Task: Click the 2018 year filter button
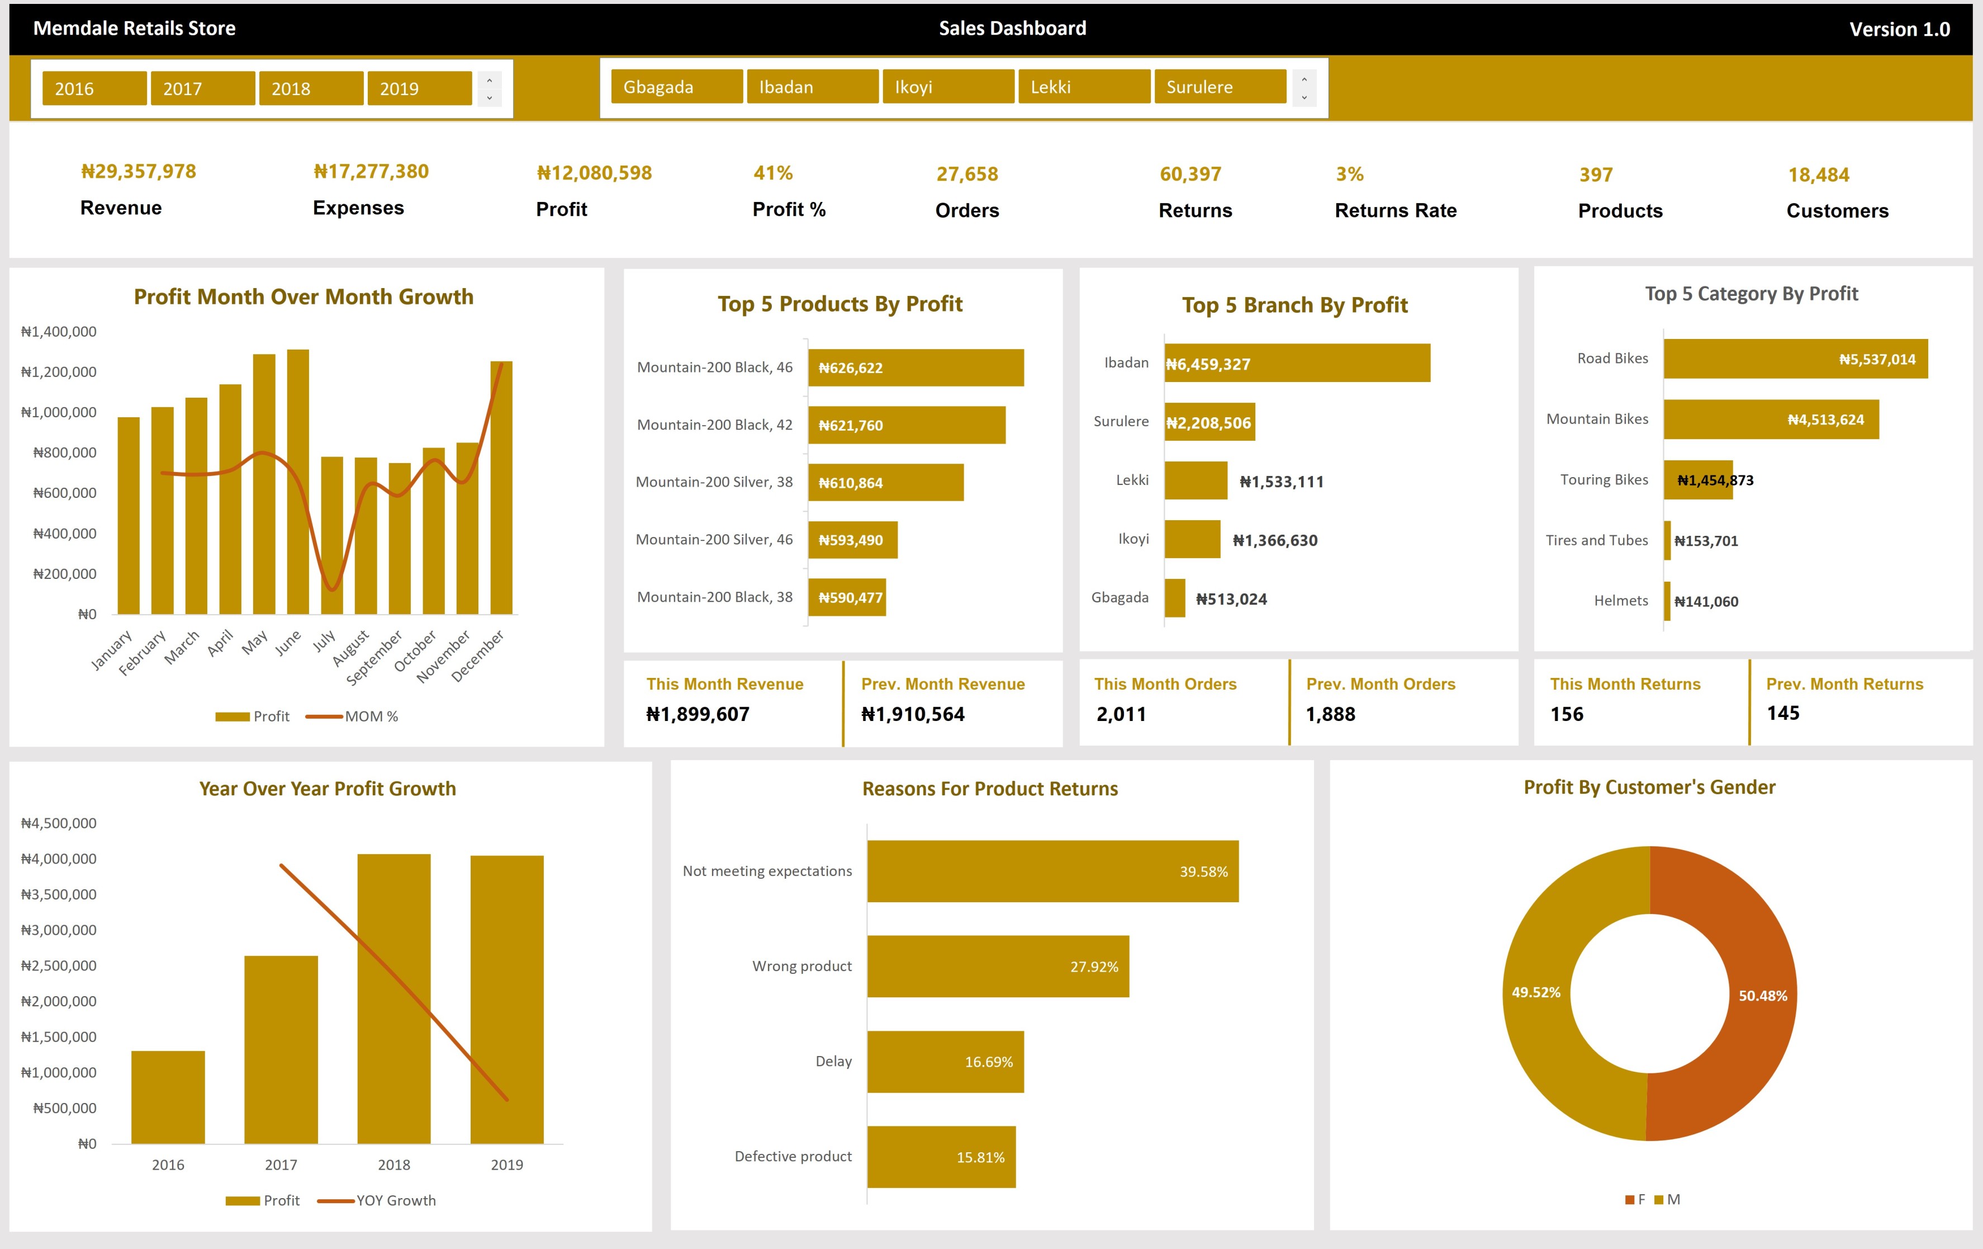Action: (310, 88)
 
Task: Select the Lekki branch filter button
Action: (1083, 87)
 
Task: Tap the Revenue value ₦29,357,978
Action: (139, 171)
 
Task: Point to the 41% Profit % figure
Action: (772, 173)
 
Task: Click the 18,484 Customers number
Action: (1818, 175)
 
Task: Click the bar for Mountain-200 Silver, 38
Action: (885, 483)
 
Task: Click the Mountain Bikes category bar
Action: (1771, 420)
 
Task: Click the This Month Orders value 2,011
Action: (1121, 714)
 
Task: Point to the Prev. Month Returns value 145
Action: (1783, 714)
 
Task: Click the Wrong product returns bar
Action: (997, 967)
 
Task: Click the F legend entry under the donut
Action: (1635, 1200)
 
